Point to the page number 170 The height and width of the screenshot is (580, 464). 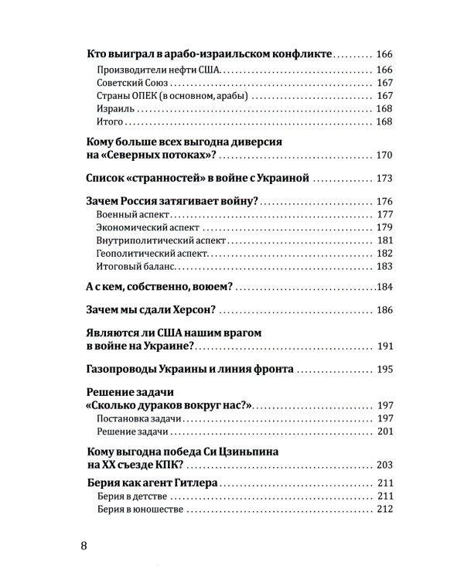coord(385,155)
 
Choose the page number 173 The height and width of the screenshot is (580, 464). coord(385,179)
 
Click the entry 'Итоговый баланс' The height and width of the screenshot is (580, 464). coord(135,266)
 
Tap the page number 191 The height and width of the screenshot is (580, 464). coord(385,347)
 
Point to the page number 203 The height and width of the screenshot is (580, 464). coord(385,464)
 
